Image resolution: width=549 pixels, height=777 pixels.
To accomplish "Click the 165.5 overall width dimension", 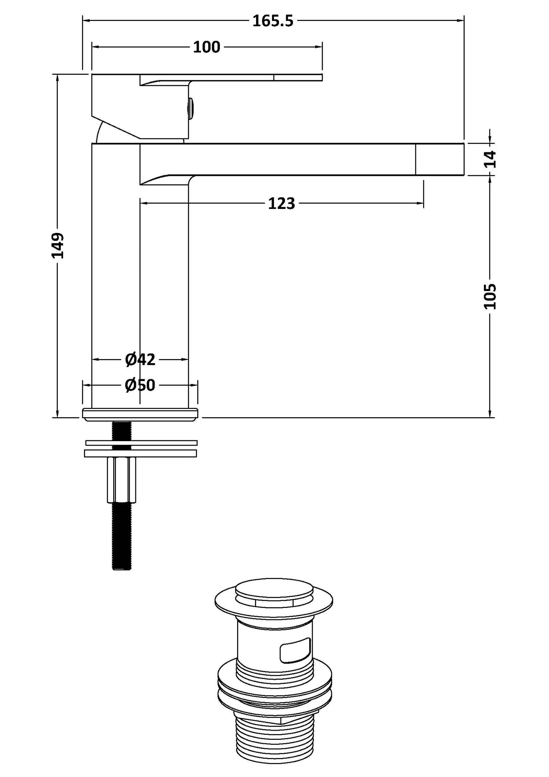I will (273, 21).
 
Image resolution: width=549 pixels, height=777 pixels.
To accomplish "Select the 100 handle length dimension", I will (207, 47).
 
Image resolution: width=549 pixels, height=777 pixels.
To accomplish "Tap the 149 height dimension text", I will (58, 245).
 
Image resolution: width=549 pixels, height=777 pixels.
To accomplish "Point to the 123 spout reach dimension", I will (281, 204).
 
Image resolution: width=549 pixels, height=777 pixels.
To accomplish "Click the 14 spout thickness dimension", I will (491, 159).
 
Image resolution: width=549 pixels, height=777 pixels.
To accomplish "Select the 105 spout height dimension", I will (490, 296).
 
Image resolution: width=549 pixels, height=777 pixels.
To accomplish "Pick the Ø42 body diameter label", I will (140, 359).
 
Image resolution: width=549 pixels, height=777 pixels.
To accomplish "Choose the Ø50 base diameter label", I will (140, 386).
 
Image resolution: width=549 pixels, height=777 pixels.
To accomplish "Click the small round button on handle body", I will (191, 109).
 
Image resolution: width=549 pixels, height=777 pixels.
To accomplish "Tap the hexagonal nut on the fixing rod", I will (122, 479).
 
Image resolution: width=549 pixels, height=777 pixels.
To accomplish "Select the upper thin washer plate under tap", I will (141, 443).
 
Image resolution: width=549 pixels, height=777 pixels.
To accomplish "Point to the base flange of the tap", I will (140, 415).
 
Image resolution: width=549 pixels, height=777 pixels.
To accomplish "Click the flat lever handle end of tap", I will (298, 78).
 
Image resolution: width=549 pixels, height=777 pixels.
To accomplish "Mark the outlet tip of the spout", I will (440, 160).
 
